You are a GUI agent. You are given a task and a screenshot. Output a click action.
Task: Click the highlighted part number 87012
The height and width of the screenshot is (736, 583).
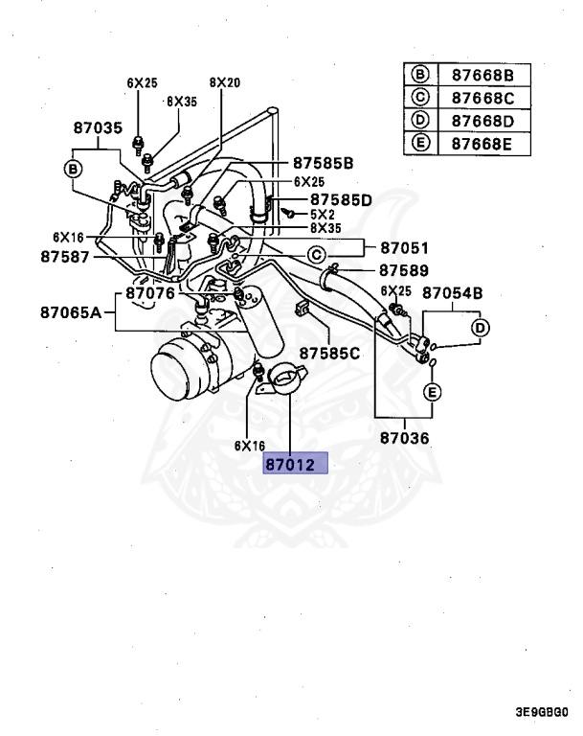click(296, 464)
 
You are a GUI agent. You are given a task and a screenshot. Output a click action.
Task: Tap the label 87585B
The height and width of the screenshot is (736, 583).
click(323, 163)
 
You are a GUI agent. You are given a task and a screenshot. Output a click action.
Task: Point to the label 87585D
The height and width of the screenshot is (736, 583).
click(339, 199)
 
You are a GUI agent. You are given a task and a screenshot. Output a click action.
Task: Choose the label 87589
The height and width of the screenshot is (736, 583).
click(403, 271)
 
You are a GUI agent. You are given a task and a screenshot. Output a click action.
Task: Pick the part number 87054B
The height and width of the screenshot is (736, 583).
click(453, 292)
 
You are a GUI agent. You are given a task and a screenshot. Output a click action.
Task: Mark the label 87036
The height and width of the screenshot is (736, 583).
click(404, 439)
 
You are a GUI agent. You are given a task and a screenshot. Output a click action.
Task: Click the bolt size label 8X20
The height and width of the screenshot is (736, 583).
click(224, 83)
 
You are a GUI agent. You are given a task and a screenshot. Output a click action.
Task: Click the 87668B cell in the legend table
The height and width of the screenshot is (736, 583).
click(482, 76)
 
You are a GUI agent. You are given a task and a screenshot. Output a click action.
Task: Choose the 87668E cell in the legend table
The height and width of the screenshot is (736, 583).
click(482, 144)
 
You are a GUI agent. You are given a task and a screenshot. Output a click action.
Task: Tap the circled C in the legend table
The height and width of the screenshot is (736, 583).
click(419, 98)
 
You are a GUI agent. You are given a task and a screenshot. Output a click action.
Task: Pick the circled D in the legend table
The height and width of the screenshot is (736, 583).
click(419, 121)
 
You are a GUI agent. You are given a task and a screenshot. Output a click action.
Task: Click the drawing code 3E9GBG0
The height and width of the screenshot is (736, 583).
click(541, 712)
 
